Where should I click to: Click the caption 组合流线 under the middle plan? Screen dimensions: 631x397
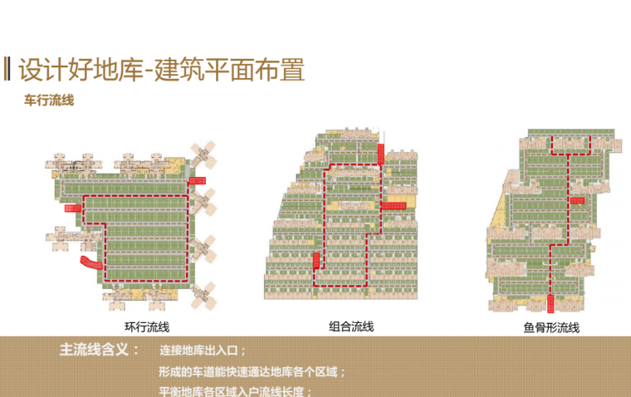click(351, 327)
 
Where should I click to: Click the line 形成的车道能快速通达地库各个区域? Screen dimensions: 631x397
click(252, 371)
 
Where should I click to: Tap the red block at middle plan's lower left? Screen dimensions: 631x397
click(315, 263)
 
